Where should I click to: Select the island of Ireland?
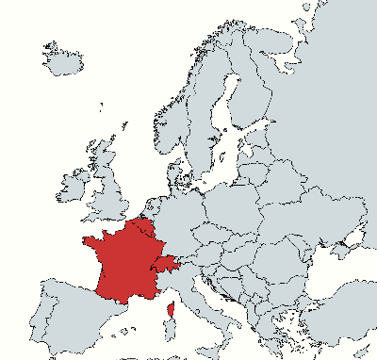72,186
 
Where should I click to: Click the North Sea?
141,170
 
